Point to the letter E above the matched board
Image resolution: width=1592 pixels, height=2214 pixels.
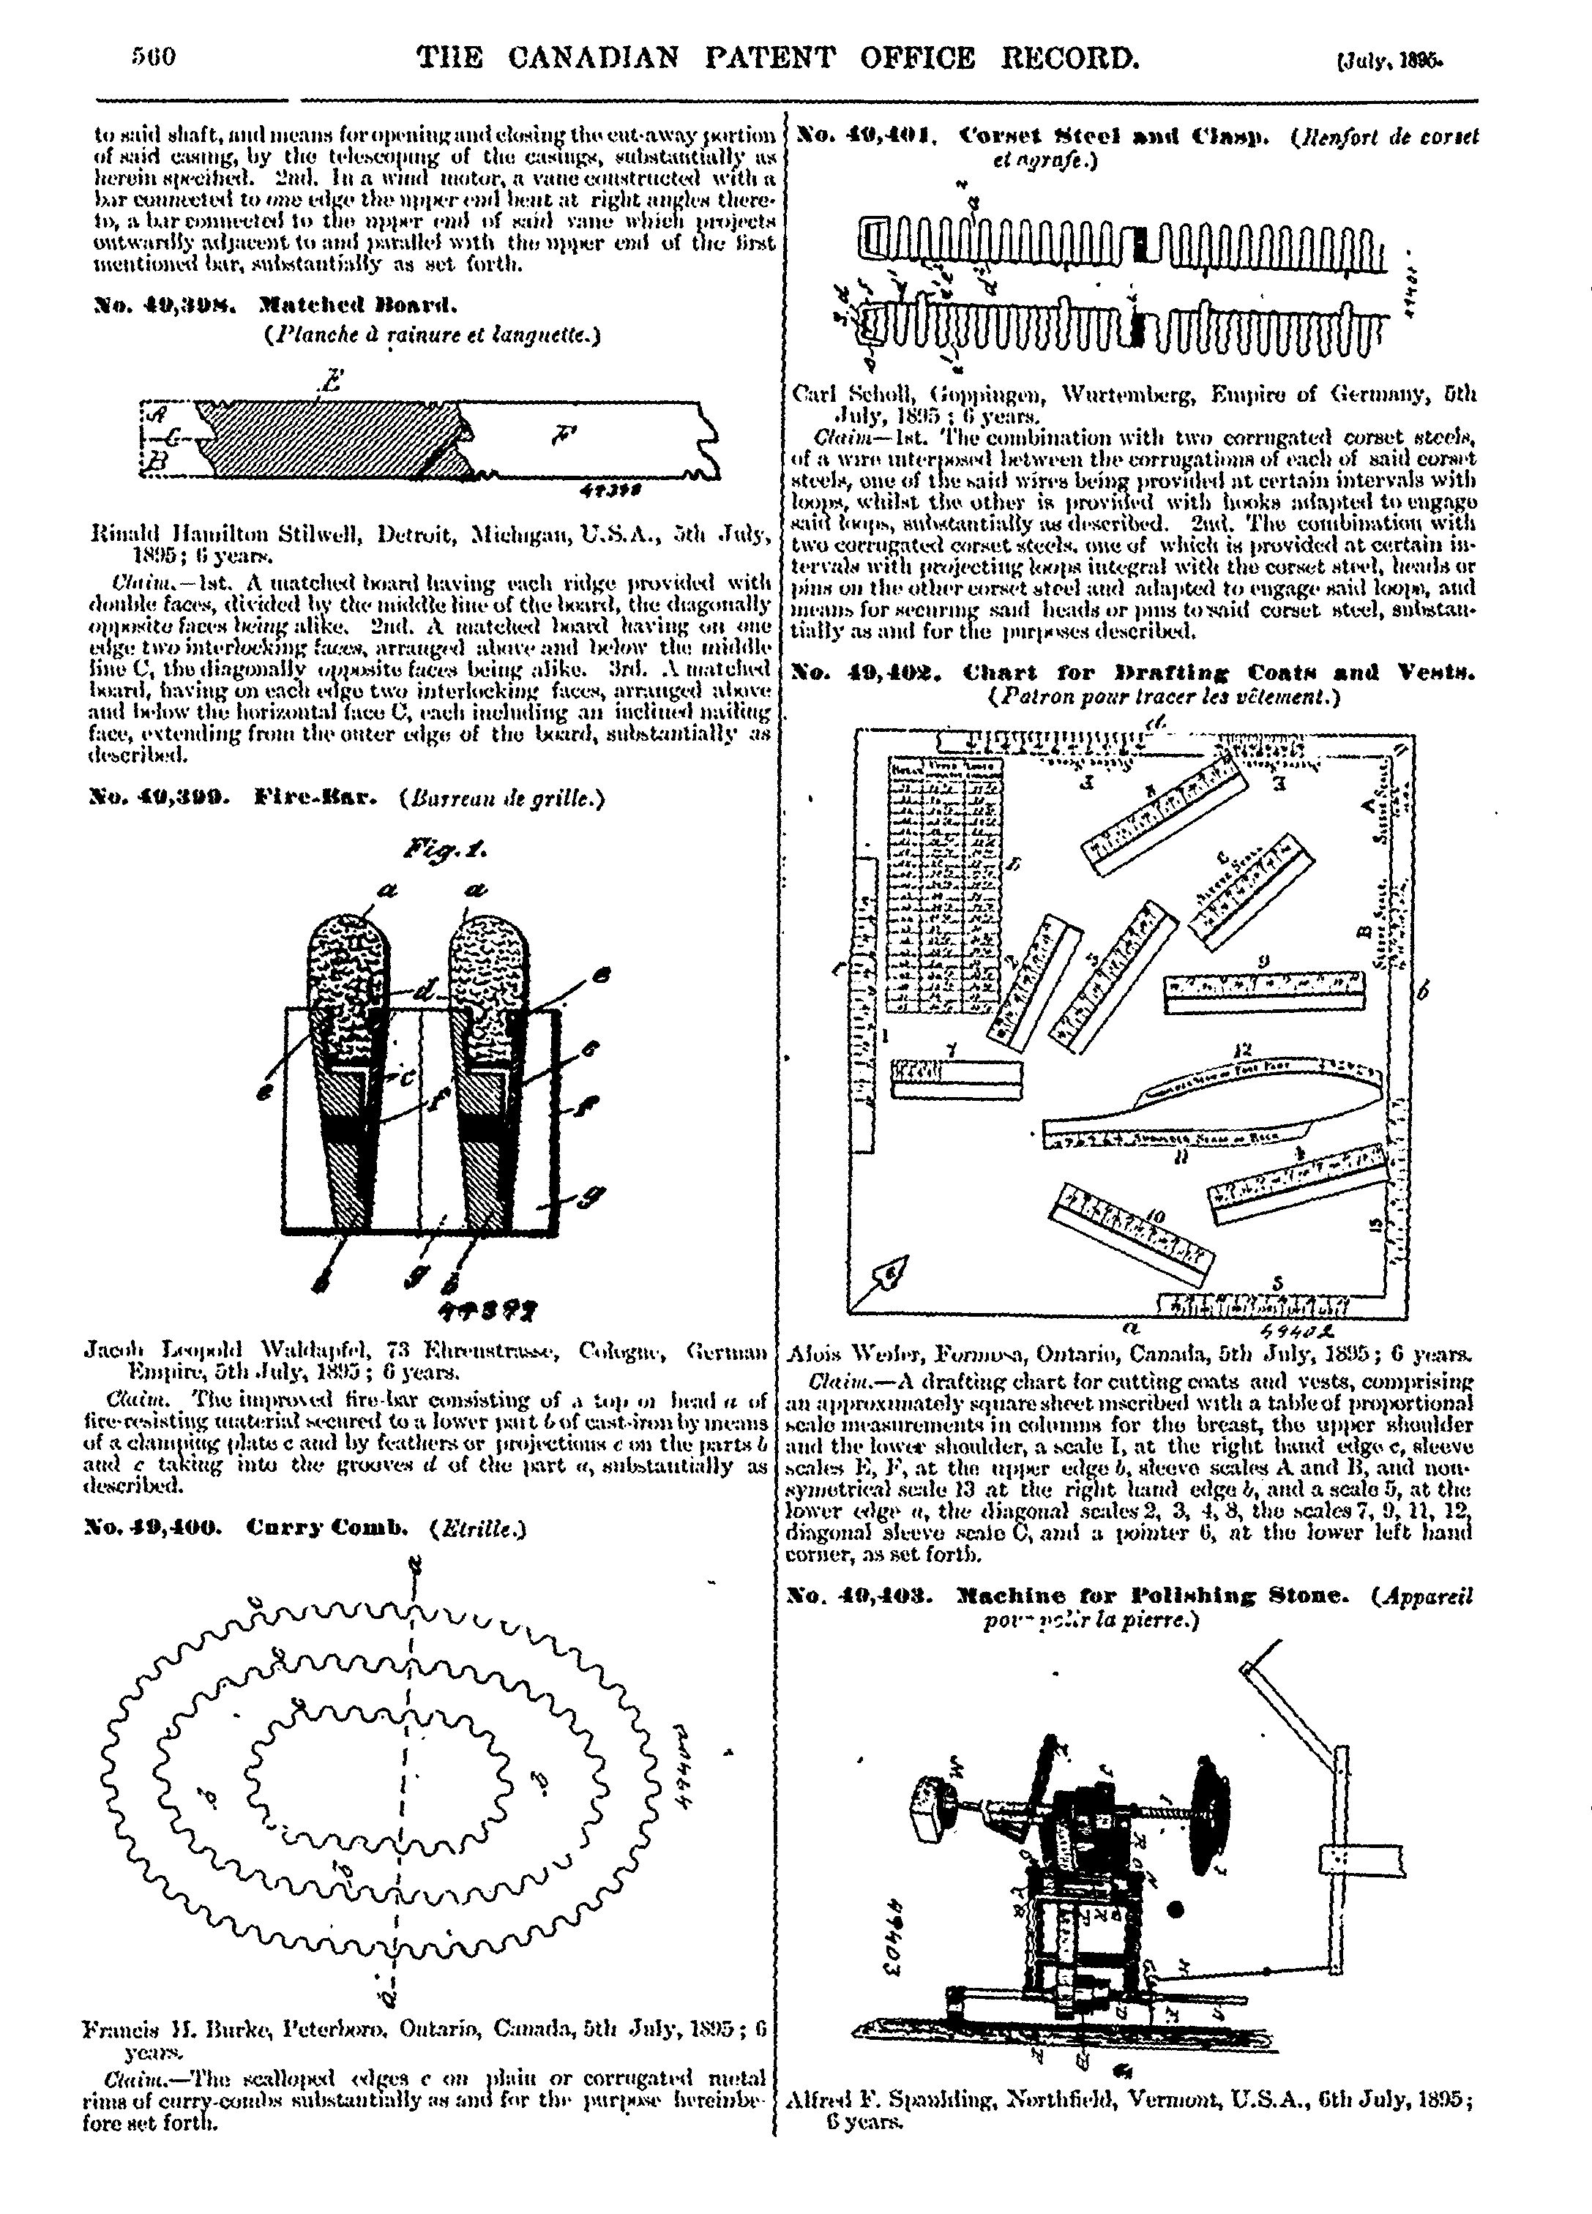[x=331, y=380]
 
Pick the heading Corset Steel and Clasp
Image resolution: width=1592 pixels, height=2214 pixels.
[x=1113, y=138]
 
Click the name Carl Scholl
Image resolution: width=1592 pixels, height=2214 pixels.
[x=845, y=395]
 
